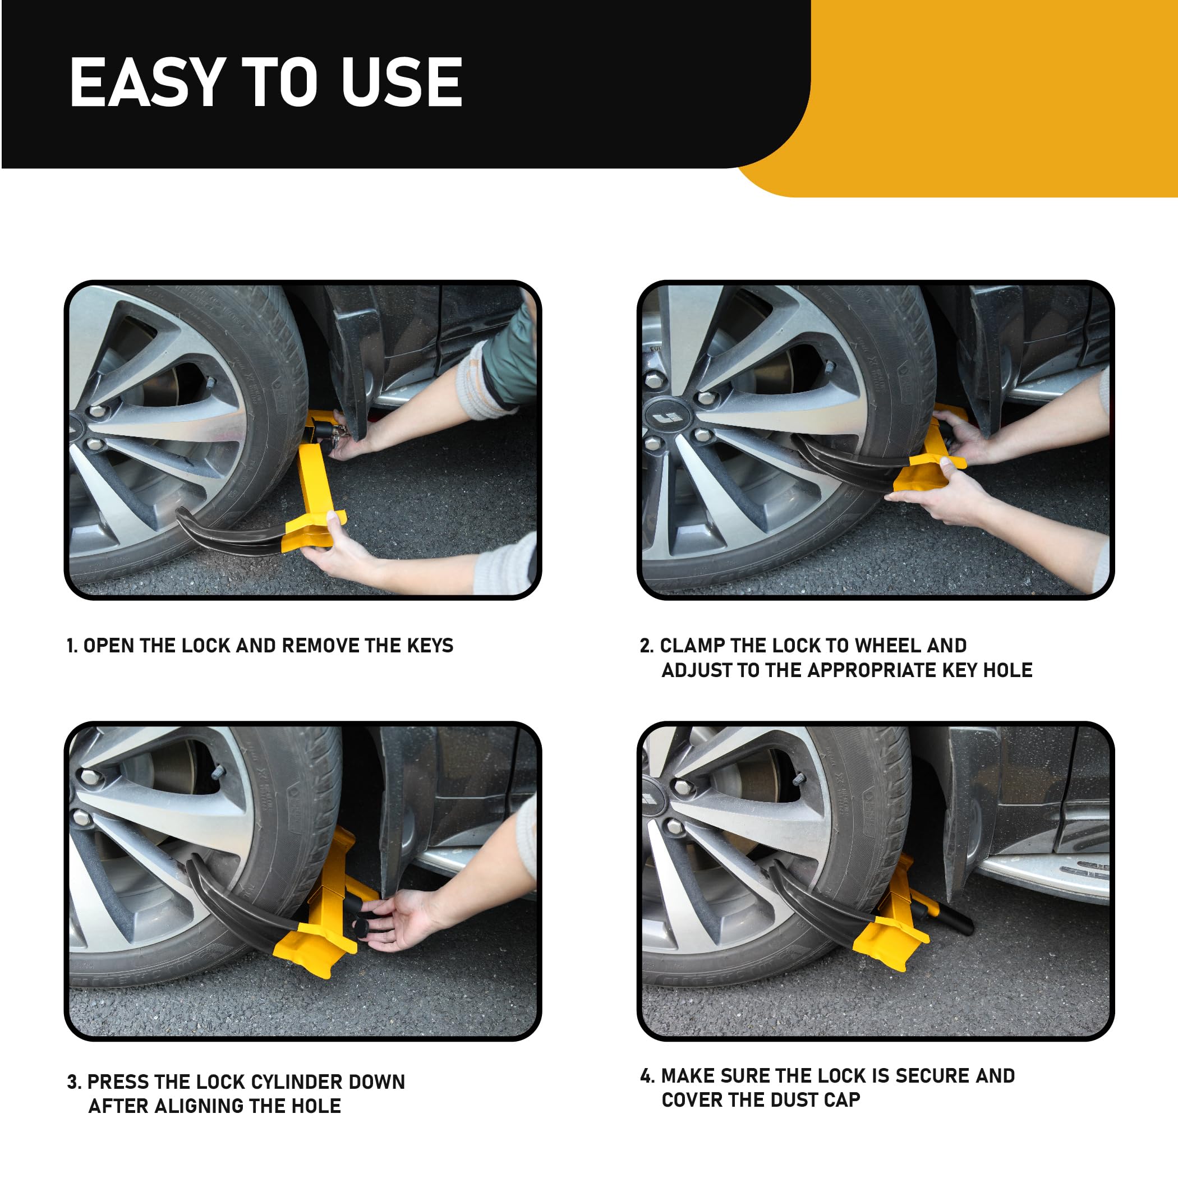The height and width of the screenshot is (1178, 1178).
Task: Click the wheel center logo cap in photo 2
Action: click(x=668, y=418)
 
